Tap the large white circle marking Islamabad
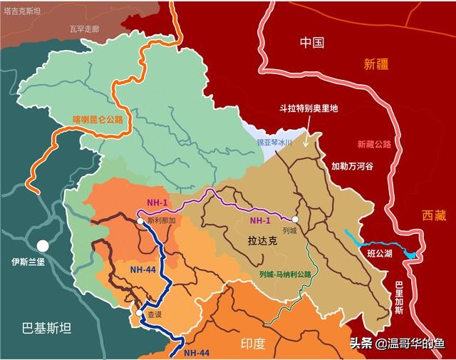43,245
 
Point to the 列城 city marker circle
294,220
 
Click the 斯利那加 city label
161,222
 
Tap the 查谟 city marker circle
139,312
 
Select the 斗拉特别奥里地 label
307,109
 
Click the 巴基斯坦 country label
47,328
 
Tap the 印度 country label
253,344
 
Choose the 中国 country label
312,42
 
